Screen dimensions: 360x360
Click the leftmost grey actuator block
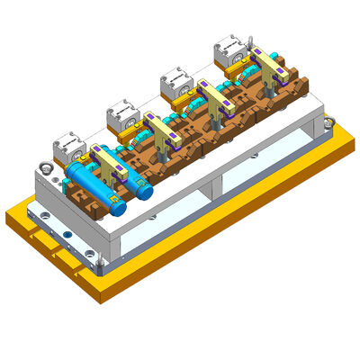(67, 147)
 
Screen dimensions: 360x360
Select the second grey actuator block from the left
(121, 114)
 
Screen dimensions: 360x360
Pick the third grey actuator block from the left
(176, 84)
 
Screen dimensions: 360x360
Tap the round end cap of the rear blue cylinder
(145, 191)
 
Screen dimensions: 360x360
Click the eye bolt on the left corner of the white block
(42, 167)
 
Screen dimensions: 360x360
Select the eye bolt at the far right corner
(328, 121)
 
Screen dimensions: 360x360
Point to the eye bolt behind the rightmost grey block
(250, 40)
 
